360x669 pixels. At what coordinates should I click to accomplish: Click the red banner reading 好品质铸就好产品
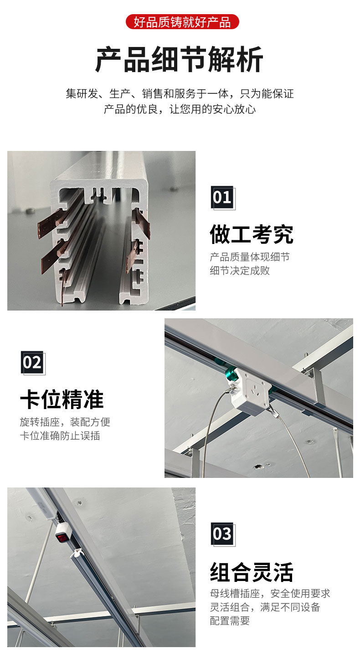pyautogui.click(x=182, y=22)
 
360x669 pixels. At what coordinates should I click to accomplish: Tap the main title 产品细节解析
pyautogui.click(x=180, y=59)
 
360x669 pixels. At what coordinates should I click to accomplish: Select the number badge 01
pyautogui.click(x=222, y=197)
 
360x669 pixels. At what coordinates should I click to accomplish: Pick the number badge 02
pyautogui.click(x=32, y=363)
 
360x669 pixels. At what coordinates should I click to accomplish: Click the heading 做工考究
pyautogui.click(x=252, y=234)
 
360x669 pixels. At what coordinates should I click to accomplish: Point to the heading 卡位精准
pyautogui.click(x=62, y=399)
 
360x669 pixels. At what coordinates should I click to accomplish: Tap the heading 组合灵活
pyautogui.click(x=252, y=572)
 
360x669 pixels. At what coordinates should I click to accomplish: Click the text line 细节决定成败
pyautogui.click(x=240, y=270)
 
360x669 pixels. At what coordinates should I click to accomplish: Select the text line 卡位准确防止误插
pyautogui.click(x=60, y=436)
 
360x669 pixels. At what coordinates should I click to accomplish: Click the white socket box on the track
pyautogui.click(x=250, y=392)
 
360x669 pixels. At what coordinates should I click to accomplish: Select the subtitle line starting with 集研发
pyautogui.click(x=180, y=93)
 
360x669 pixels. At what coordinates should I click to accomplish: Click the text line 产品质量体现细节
pyautogui.click(x=250, y=257)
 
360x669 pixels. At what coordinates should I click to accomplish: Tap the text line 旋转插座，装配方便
pyautogui.click(x=65, y=422)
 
